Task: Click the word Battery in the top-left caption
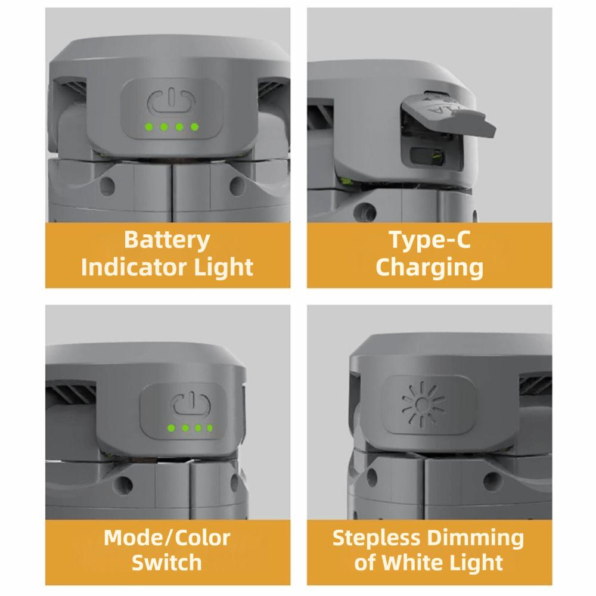click(167, 240)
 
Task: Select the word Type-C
click(430, 240)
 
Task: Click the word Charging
click(430, 268)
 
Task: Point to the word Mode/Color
click(167, 538)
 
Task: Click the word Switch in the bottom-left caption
click(167, 563)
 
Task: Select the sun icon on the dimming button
click(422, 405)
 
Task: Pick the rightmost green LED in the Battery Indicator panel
click(194, 126)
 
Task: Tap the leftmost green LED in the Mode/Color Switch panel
click(171, 428)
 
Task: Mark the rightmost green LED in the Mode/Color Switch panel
click(209, 428)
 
